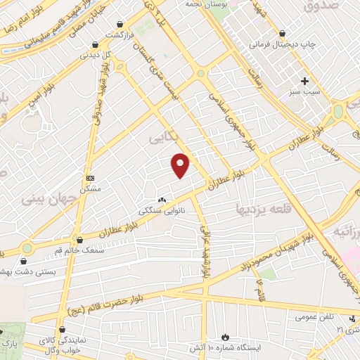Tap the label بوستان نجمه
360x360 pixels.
point(193,4)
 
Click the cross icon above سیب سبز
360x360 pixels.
point(304,80)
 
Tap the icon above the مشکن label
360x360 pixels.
point(89,178)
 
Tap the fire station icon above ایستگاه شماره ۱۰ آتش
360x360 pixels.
point(225,337)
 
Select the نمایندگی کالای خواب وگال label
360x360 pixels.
point(70,345)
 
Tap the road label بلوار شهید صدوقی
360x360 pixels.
point(98,99)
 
